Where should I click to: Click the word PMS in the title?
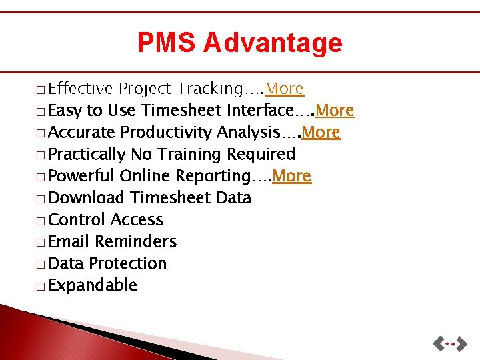[x=167, y=43]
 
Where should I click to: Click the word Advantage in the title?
[x=273, y=43]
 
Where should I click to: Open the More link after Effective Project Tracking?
[x=285, y=89]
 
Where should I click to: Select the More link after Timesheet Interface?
[x=335, y=110]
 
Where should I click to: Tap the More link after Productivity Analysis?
[x=321, y=132]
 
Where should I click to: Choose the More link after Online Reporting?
[x=292, y=176]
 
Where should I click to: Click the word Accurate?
[x=83, y=132]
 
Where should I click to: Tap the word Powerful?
[x=82, y=176]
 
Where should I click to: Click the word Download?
[x=87, y=198]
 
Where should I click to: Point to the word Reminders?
[x=136, y=241]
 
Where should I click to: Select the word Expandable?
[x=93, y=285]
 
